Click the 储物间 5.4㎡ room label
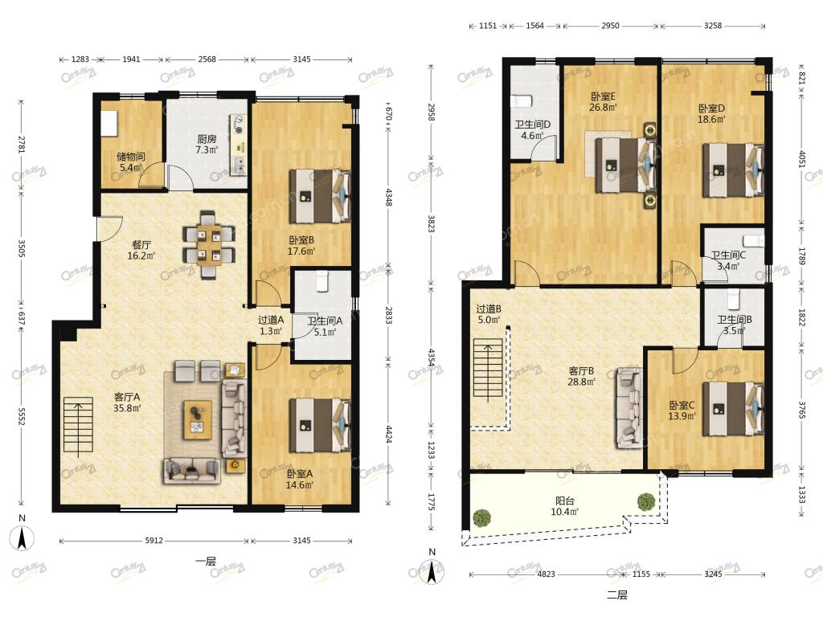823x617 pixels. coord(130,161)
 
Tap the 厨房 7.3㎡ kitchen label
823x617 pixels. coord(207,145)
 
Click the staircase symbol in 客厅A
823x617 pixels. coord(78,424)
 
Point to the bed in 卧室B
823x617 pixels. coord(320,196)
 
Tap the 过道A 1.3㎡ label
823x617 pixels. coord(271,325)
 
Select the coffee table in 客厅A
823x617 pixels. coord(198,419)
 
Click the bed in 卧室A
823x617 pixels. coord(320,425)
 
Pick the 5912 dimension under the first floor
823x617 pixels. coord(154,541)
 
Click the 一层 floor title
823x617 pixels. coord(205,562)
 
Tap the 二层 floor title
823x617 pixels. coord(617,595)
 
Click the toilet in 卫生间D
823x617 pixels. coord(522,100)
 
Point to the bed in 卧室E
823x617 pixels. coord(625,164)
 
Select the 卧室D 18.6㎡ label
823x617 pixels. coord(712,113)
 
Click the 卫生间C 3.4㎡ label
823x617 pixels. coord(728,260)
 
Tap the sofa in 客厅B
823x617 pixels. coord(629,407)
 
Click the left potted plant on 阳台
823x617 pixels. coord(481,518)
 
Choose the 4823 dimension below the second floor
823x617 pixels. coord(546,574)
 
